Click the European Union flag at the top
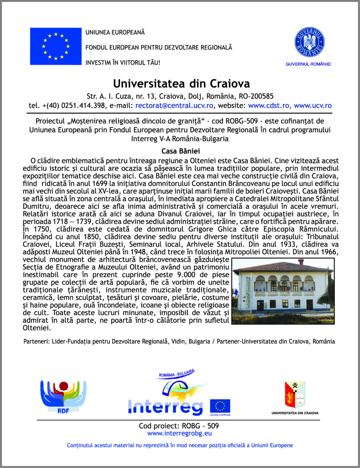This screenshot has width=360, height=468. tap(56, 46)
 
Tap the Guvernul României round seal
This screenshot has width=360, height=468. tap(309, 42)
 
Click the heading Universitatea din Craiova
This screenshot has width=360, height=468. tap(181, 84)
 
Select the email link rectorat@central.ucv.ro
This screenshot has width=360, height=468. tap(174, 105)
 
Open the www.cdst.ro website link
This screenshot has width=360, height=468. tap(269, 105)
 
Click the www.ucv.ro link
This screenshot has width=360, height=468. tap(313, 105)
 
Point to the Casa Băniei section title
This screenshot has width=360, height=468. tap(180, 151)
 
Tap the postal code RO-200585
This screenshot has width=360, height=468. tap(253, 96)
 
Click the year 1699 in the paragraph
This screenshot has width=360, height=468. tap(99, 184)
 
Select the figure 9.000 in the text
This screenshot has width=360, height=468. tap(186, 275)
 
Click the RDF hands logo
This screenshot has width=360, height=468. tap(63, 396)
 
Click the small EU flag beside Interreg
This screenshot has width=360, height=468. tap(220, 406)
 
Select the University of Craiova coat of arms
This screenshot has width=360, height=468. tap(295, 395)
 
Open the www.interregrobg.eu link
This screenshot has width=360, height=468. tap(179, 433)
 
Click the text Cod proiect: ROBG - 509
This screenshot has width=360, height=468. tap(179, 426)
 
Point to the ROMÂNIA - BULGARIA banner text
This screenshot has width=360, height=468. tap(177, 373)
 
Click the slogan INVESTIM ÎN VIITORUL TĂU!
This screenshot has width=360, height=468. tap(123, 63)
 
